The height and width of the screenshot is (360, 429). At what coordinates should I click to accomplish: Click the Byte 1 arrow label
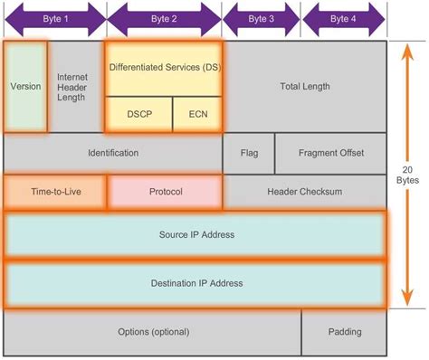(x=54, y=17)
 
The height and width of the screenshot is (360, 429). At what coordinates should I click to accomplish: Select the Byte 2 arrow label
(x=164, y=17)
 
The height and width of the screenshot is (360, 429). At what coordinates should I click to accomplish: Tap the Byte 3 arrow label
(x=261, y=17)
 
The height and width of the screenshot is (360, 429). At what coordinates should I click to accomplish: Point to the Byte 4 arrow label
(x=344, y=17)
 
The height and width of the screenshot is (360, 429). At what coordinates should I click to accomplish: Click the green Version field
(x=25, y=87)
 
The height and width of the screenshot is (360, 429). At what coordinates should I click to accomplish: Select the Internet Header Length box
(x=72, y=87)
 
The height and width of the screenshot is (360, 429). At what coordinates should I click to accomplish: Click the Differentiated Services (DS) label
(x=164, y=68)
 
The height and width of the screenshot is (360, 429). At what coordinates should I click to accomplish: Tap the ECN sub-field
(x=196, y=115)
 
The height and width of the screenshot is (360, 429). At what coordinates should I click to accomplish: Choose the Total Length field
(x=305, y=87)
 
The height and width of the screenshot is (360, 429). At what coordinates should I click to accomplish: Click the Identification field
(x=113, y=153)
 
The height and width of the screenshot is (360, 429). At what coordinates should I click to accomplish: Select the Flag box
(x=249, y=153)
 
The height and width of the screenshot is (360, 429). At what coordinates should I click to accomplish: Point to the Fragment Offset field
(x=331, y=153)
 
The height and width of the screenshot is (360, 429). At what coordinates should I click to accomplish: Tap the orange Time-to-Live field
(x=55, y=192)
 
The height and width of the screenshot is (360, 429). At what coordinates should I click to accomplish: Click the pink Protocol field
(x=165, y=192)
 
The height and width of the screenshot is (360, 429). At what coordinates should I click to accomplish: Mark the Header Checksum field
(x=305, y=192)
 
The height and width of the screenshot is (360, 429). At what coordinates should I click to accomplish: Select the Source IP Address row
(x=196, y=235)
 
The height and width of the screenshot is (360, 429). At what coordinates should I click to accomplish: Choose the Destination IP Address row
(x=196, y=283)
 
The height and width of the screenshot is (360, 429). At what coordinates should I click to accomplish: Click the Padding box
(x=344, y=331)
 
